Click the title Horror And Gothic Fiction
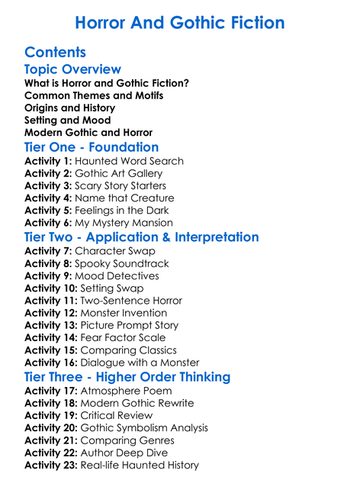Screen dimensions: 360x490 click(x=180, y=22)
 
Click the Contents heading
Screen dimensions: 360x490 click(x=55, y=53)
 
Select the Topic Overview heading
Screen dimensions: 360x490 click(x=72, y=70)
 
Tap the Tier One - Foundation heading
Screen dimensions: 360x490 click(x=92, y=147)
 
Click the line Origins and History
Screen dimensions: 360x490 click(x=67, y=108)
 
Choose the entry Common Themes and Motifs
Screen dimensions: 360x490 click(x=94, y=95)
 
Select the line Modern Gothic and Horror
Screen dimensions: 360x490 click(x=88, y=132)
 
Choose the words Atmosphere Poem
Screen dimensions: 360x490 click(x=126, y=392)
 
